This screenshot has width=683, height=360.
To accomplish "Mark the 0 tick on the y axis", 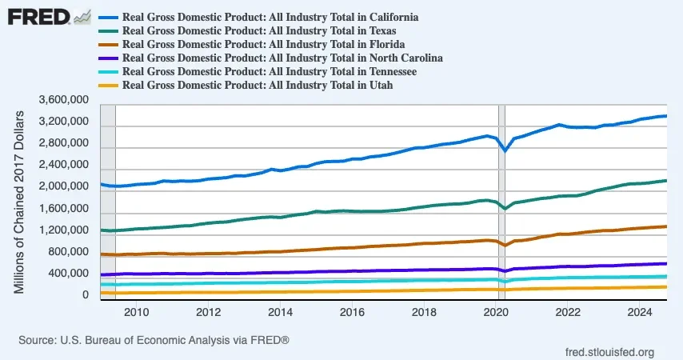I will [x=85, y=295].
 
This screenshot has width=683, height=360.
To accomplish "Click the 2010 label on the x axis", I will [x=136, y=312].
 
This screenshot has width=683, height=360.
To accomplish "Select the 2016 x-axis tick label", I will [x=352, y=312].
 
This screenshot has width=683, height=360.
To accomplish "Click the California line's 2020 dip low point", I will [x=505, y=151].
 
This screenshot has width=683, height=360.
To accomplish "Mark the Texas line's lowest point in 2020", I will [x=505, y=209].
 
